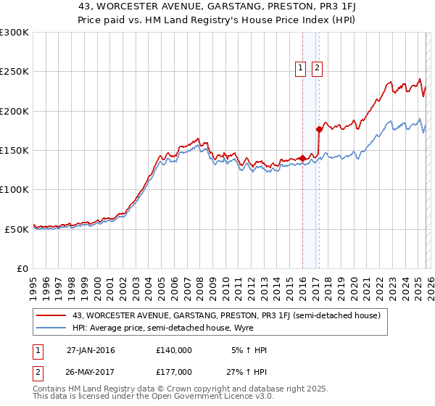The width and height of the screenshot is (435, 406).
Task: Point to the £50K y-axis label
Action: coord(17,228)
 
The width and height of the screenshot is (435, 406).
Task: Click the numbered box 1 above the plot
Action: coord(301,69)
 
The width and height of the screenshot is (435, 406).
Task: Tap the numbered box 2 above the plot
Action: coord(318,69)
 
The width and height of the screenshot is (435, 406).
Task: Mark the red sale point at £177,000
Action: coord(319,130)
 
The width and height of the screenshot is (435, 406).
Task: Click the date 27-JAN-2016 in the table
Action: coord(91,350)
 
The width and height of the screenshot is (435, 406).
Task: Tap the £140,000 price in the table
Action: coord(173,350)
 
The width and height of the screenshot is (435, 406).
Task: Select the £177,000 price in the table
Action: coord(173,371)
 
